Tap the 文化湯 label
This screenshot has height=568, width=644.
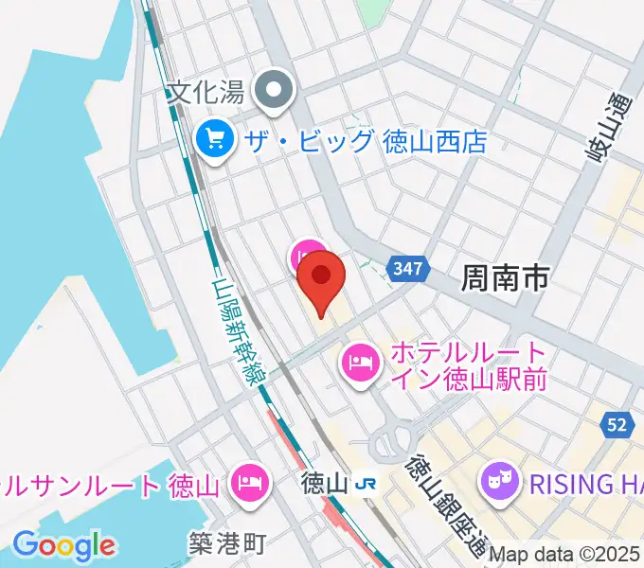pos(206,93)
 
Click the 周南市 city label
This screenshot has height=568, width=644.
pos(505,277)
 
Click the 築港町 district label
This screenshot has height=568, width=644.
pos(226,542)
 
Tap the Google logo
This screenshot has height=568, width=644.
pos(63,545)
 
